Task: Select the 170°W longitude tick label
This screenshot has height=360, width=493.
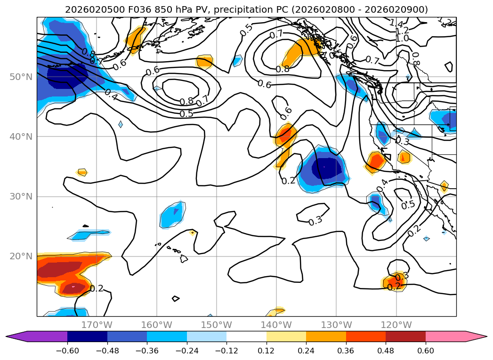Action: pos(97,325)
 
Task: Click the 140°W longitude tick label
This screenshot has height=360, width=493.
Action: pos(276,325)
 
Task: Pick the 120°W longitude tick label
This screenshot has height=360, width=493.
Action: pos(396,325)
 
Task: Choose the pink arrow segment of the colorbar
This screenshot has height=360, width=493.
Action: pos(454,336)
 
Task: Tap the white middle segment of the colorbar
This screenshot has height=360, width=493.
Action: pos(246,336)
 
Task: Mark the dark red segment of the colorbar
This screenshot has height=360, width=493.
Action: pos(405,336)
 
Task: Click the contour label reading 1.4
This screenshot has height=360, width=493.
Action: pos(396,23)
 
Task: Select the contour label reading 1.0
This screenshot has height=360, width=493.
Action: pos(402,38)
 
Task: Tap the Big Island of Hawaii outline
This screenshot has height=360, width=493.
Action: pos(184,258)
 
